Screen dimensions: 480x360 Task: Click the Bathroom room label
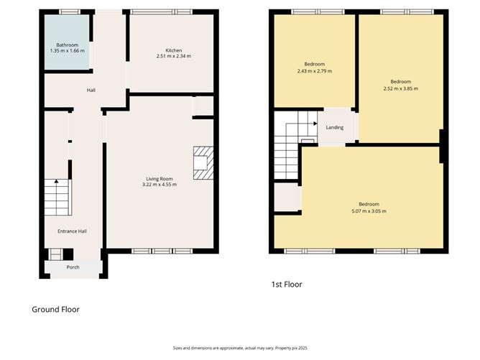pos(68,45)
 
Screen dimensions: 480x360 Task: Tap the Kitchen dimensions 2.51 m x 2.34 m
pos(174,56)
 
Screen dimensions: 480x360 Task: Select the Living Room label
pos(160,179)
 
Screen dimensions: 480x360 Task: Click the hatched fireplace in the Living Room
pos(203,163)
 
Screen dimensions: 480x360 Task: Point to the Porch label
pos(73,267)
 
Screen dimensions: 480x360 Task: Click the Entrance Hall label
pos(73,231)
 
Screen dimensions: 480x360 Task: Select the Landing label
pos(335,127)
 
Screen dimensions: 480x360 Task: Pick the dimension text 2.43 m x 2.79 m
pos(315,71)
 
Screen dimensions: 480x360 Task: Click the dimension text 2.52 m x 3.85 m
pos(401,88)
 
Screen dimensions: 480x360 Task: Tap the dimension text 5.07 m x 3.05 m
pos(369,211)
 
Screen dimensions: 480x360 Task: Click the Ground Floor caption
pos(56,310)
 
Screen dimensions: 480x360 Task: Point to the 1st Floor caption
pos(287,285)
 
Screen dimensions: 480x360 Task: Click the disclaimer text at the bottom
pos(240,348)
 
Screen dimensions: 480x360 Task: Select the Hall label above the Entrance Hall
pos(91,90)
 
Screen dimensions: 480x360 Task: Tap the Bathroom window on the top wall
pos(70,12)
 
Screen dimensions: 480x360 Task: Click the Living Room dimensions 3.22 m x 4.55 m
pos(160,185)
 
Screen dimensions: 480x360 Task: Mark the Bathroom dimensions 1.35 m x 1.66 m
pos(68,51)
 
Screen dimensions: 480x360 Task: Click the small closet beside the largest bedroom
pos(287,197)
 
